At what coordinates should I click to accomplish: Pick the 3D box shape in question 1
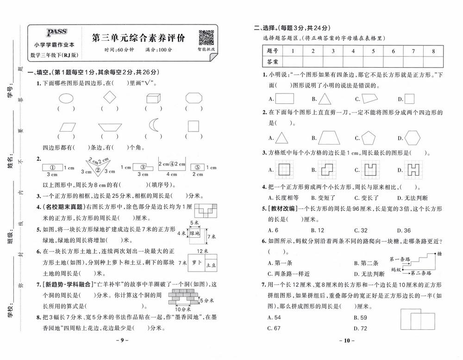coord(153,98)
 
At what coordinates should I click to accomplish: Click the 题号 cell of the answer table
coord(272,51)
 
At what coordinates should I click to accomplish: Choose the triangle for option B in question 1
coord(325,98)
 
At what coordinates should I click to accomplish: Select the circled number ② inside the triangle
coord(98,170)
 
